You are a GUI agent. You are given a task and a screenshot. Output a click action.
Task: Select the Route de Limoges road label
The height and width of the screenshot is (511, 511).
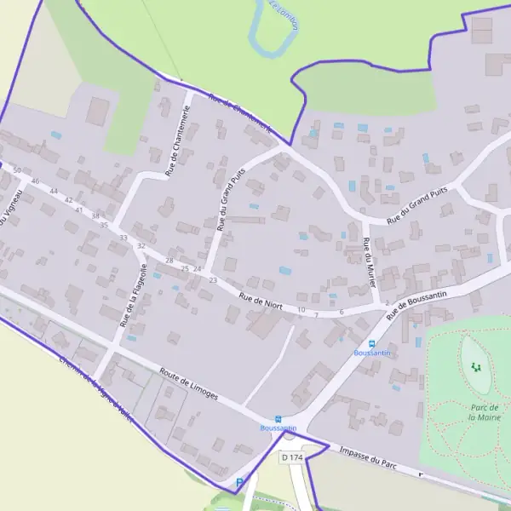(188, 384)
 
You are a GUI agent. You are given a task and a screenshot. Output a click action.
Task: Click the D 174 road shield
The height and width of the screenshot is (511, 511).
(291, 457)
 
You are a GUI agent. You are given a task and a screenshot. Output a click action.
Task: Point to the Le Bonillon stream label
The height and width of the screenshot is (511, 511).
(284, 15)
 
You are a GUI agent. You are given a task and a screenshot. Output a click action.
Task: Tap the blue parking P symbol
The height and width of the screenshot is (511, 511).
(239, 483)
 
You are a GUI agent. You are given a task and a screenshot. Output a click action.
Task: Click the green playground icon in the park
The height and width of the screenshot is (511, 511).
(476, 368)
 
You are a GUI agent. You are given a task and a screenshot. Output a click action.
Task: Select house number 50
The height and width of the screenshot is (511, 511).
(17, 171)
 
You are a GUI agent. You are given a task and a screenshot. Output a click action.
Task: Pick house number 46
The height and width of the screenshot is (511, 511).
(35, 181)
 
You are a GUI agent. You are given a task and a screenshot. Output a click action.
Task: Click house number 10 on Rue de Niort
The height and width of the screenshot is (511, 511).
(301, 309)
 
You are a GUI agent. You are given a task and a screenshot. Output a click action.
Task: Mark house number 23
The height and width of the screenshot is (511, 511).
(213, 280)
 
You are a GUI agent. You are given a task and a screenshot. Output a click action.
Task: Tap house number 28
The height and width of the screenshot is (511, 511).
(169, 261)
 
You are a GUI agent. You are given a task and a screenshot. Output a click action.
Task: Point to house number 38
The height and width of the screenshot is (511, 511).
(95, 216)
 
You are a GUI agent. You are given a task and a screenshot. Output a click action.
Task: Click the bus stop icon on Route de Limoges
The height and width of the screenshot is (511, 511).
(278, 418)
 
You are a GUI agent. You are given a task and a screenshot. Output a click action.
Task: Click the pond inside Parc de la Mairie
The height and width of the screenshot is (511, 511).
(474, 365)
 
